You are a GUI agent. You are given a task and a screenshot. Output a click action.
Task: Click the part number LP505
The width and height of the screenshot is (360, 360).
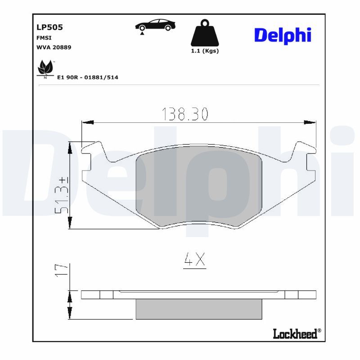[x=49, y=27]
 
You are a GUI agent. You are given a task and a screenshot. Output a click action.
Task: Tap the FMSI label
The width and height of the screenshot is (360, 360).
[x=44, y=38]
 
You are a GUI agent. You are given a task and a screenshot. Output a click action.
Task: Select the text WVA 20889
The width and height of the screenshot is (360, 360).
[x=54, y=47]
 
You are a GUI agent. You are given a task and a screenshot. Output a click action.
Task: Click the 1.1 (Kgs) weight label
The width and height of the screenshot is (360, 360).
[x=205, y=51]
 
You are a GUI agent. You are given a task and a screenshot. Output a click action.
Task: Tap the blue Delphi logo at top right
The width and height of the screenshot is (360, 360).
[x=283, y=35]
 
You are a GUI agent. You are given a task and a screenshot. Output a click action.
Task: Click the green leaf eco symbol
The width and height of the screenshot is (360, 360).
[x=45, y=68]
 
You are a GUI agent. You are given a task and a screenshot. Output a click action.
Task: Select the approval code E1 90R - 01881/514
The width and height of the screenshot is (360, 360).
[x=88, y=77]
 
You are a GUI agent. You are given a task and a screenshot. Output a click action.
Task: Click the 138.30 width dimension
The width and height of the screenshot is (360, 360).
[x=185, y=115]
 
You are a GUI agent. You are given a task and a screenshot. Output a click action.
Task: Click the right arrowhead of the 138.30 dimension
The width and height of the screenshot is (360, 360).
[x=310, y=121]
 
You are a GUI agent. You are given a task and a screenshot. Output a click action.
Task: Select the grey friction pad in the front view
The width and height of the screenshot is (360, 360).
[x=198, y=184]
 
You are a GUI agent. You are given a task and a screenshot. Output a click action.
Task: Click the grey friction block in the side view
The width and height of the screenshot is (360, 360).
[x=198, y=309]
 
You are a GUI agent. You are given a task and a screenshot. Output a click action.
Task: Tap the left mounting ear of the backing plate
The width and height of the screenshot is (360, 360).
[x=92, y=157]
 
